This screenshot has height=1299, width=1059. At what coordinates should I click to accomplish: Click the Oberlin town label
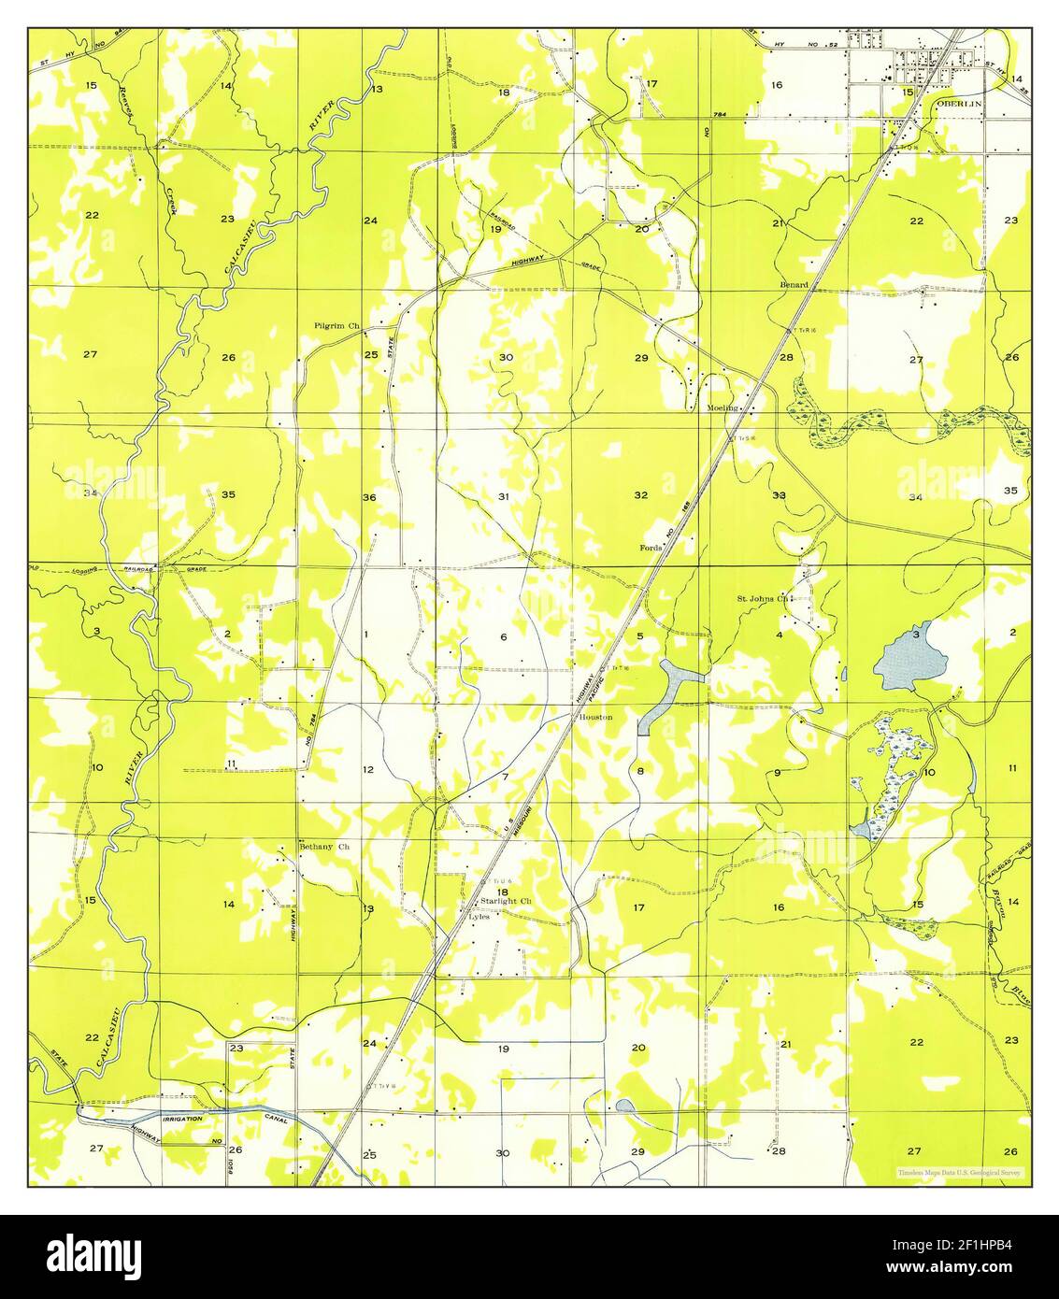pos(957,105)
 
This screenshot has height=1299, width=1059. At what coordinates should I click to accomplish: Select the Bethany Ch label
pos(323,847)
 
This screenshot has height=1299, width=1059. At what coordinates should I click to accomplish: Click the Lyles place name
pos(479,917)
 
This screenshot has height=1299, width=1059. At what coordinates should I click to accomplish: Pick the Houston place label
pos(595,717)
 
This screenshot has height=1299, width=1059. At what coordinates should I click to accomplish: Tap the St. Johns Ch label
pos(764,598)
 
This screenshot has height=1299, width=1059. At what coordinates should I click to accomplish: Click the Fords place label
pos(651,548)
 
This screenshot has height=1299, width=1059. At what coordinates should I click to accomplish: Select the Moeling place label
pos(723,408)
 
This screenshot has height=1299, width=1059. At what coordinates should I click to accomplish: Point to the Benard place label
pos(794,283)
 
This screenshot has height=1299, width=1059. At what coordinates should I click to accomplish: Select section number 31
pos(503,496)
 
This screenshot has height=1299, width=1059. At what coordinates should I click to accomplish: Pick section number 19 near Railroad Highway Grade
pos(494,229)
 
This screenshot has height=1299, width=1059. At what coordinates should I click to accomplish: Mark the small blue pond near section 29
pos(624,1106)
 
